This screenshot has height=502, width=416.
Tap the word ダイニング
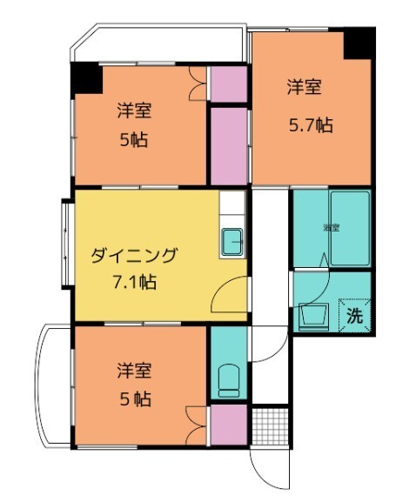(134, 255)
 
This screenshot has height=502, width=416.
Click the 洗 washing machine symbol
(355, 316)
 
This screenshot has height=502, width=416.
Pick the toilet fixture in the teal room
(227, 379)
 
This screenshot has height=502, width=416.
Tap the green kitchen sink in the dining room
(232, 241)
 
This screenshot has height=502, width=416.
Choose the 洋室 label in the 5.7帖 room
(305, 87)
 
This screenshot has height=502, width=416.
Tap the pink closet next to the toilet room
(228, 425)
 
